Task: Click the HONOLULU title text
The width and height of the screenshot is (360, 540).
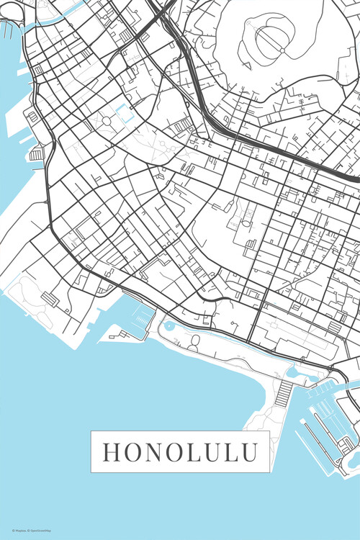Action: (x=180, y=452)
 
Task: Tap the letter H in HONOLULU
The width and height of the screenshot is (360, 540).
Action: (x=112, y=452)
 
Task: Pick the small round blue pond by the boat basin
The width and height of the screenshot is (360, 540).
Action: (x=168, y=325)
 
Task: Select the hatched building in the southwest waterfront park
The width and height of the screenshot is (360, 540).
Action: (x=50, y=297)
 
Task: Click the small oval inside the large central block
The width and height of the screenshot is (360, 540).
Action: (x=246, y=224)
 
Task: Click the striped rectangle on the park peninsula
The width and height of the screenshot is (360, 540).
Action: (x=284, y=392)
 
